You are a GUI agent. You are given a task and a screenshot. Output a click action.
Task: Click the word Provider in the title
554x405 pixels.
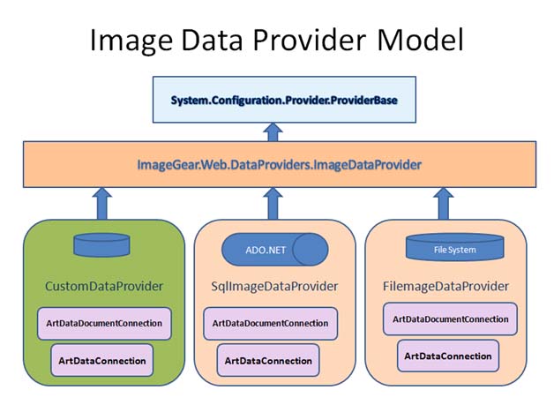pos(309,40)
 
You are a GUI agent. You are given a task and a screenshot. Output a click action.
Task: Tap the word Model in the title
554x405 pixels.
pos(420,40)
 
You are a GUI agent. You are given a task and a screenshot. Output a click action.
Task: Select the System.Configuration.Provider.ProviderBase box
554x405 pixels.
pos(284,100)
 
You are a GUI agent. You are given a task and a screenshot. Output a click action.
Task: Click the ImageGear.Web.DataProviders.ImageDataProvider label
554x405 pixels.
pos(279,165)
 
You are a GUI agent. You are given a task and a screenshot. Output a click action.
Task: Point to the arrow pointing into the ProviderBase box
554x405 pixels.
pos(273,132)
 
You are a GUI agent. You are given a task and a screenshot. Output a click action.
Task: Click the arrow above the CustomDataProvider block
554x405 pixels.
pos(102,204)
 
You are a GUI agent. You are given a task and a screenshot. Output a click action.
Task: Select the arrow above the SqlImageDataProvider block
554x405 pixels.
pos(273,204)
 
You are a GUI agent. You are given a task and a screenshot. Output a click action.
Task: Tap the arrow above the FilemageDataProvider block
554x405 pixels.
pos(444,204)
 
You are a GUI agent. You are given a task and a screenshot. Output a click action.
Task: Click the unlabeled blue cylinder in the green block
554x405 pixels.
pos(101,244)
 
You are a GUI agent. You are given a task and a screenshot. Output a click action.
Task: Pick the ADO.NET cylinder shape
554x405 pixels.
pos(275,250)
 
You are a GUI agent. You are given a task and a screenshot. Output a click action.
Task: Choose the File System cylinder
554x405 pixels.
pos(454,247)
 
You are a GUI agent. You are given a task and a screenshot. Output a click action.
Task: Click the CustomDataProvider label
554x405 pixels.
pos(104,286)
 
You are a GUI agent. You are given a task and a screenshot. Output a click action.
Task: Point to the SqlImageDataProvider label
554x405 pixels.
pos(274,286)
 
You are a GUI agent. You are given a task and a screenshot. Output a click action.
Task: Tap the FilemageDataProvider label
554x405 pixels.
pos(445,286)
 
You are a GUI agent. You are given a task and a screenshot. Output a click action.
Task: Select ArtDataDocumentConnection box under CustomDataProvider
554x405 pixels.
pos(104,323)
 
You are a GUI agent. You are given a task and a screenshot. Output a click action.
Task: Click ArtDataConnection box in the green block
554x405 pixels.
pos(102,361)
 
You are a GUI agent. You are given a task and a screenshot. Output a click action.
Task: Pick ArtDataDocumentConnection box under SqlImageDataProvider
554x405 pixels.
pos(270,323)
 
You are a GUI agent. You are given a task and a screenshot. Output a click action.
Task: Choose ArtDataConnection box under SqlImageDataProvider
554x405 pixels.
pos(268,361)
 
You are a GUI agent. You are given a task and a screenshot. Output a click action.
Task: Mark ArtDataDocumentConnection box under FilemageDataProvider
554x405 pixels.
pos(450,319)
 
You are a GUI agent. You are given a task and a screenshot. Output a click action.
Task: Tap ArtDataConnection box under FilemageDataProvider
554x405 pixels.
pos(448,356)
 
